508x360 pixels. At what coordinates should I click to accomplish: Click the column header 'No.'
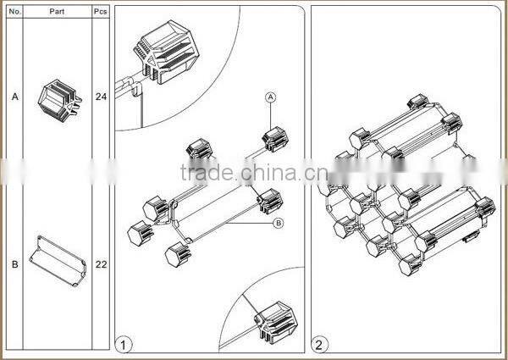14,12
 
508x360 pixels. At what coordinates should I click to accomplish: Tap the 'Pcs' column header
101,12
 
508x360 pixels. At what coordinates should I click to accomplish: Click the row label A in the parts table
14,97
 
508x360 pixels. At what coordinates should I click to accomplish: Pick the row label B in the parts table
14,263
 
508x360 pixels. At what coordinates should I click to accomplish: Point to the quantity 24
101,97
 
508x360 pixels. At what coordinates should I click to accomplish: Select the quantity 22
101,263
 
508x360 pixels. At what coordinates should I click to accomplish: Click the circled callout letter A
271,97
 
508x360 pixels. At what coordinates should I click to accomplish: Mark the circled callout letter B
278,224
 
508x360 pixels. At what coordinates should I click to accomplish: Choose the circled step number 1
124,344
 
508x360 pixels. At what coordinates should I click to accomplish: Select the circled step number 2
319,344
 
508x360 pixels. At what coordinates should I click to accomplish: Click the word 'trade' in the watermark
208,174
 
